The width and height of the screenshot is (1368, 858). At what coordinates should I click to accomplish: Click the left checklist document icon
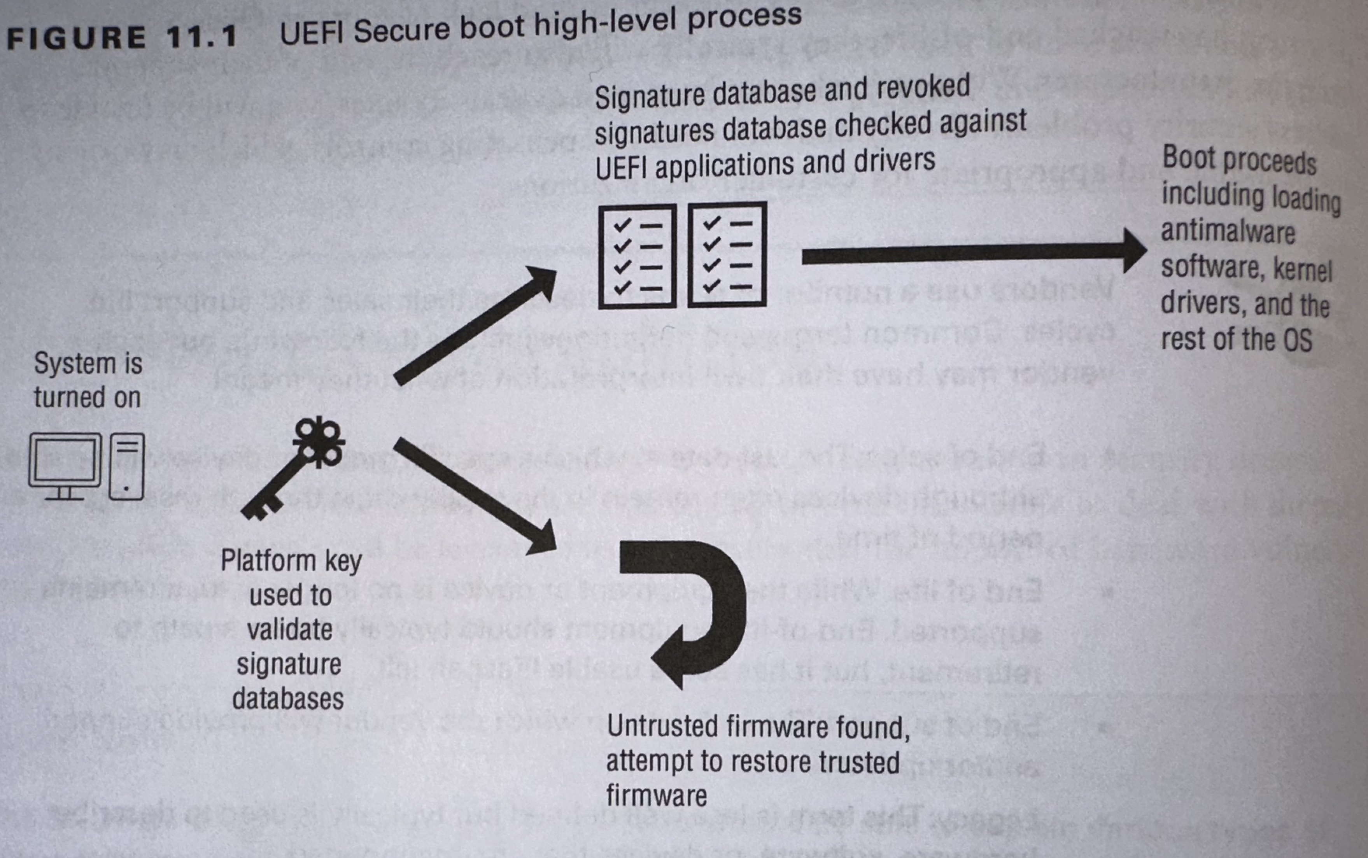[637, 256]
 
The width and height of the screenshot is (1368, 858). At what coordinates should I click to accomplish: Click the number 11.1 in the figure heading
[201, 37]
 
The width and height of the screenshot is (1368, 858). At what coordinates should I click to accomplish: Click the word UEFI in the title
[312, 34]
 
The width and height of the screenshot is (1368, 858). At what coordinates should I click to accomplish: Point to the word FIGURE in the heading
[77, 39]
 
